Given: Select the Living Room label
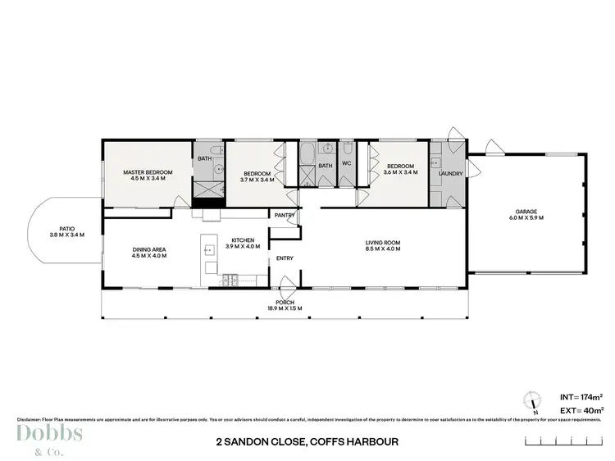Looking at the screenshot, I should click(382, 242).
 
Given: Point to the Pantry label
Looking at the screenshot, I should click(285, 216).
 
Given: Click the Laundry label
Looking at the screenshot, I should click(450, 174).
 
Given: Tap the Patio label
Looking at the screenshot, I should click(66, 229).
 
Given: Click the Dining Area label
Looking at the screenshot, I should click(148, 249).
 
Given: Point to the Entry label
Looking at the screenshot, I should click(285, 258).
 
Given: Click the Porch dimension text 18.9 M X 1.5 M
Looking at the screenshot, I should click(285, 308).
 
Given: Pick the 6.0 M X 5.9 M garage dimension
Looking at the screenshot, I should click(528, 217).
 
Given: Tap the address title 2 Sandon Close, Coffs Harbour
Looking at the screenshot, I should click(307, 441).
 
